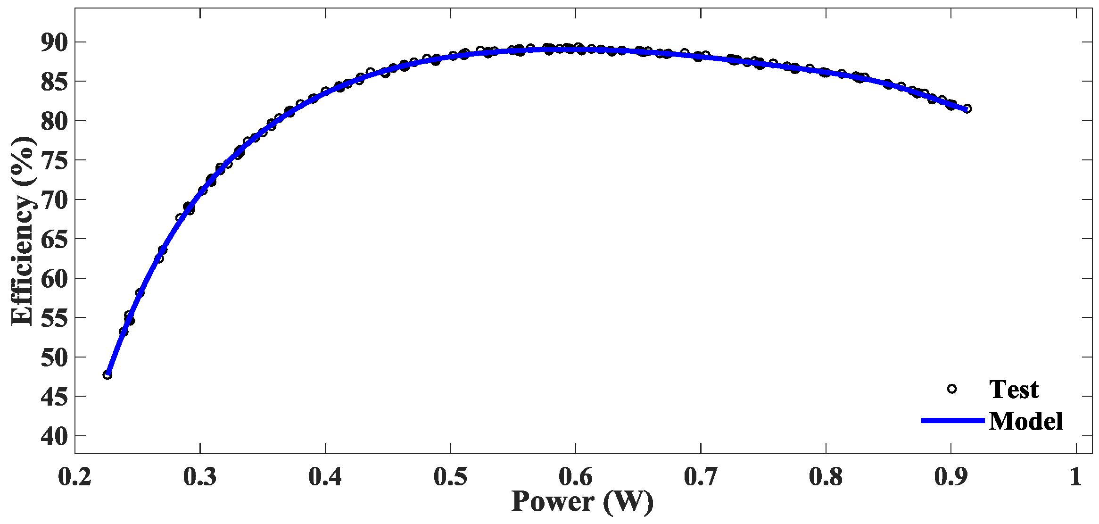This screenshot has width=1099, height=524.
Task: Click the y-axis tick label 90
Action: tap(55, 43)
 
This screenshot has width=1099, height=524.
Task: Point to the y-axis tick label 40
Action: tap(55, 436)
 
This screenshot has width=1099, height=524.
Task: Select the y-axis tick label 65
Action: tap(55, 240)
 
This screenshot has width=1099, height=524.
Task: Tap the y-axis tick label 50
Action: tap(55, 358)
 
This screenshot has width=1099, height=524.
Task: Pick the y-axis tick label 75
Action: tap(55, 161)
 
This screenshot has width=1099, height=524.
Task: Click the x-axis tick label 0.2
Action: tap(75, 477)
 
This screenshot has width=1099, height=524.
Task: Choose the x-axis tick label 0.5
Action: tap(450, 477)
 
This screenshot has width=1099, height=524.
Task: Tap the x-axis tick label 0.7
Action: tap(701, 477)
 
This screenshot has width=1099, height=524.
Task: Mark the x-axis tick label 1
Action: tap(1075, 477)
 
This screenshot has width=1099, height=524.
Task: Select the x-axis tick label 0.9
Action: tap(950, 477)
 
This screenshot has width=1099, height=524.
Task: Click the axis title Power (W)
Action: tap(583, 502)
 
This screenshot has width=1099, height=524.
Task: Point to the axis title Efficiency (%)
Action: tap(23, 231)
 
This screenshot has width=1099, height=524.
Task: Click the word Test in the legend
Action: tap(1014, 390)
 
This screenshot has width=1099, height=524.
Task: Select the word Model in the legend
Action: tap(1025, 421)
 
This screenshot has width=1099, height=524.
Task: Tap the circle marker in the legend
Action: tap(952, 389)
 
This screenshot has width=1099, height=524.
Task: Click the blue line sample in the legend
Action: tap(952, 420)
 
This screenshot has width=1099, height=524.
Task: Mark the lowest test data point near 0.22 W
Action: tap(107, 375)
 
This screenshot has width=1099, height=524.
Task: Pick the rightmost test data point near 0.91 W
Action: tap(967, 109)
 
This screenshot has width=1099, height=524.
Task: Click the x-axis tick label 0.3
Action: tap(200, 477)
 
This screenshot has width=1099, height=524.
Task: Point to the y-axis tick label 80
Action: tap(55, 122)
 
